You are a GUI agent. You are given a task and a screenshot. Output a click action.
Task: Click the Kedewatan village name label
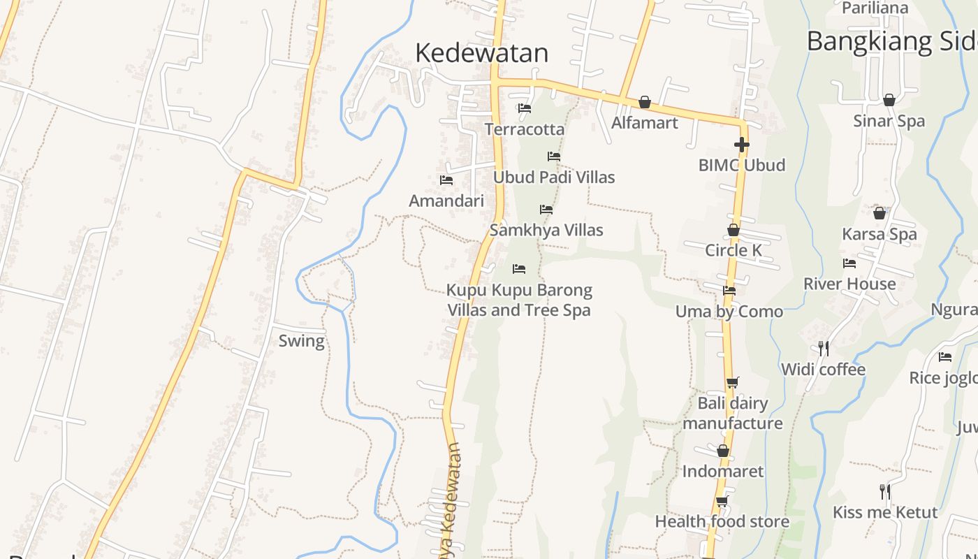[x=481, y=53]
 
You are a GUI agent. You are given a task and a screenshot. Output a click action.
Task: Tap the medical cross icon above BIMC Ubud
[x=741, y=145]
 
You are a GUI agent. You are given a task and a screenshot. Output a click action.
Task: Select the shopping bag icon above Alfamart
[x=644, y=103]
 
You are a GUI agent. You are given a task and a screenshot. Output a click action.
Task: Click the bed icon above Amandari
[x=446, y=180]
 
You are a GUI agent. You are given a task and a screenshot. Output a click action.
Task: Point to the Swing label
[x=301, y=341]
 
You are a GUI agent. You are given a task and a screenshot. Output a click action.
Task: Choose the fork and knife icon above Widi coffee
[x=824, y=348]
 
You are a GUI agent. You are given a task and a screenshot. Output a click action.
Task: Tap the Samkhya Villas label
[x=546, y=230]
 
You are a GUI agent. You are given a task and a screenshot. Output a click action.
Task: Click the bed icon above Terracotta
[x=525, y=108]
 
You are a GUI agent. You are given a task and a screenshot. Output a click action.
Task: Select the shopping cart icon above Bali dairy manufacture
[x=732, y=382]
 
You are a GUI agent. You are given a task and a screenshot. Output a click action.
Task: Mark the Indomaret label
[x=723, y=471]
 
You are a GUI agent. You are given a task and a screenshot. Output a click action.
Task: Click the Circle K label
[x=733, y=250]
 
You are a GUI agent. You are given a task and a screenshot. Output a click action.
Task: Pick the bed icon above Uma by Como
[x=729, y=291]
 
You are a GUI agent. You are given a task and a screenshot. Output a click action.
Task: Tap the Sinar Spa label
[x=889, y=121]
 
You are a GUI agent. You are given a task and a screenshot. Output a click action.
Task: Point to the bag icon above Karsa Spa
[x=880, y=213]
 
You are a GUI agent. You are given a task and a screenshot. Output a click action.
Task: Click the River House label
[x=849, y=284]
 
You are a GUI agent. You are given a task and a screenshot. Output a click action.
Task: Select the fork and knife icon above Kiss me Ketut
[x=884, y=491]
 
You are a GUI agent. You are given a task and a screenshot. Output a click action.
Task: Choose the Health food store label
[x=722, y=521]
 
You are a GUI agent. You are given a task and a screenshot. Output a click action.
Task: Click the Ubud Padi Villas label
[x=554, y=177]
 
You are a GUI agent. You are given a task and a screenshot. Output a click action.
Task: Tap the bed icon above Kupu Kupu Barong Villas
[x=519, y=269]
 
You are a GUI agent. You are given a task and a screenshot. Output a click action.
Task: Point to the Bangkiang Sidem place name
[x=891, y=41]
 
